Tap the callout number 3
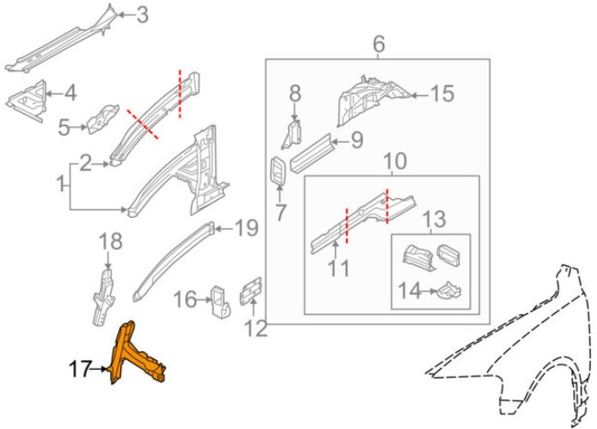(142, 15)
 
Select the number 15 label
(442, 94)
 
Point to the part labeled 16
(220, 302)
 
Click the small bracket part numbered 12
(250, 292)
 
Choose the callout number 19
(246, 228)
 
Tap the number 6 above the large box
(378, 45)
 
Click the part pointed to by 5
(102, 119)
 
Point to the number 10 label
(395, 161)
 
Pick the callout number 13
(434, 219)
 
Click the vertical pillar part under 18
(104, 297)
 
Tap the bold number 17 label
(80, 369)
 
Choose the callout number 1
(61, 185)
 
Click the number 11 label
(339, 269)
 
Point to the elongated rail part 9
(312, 154)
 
